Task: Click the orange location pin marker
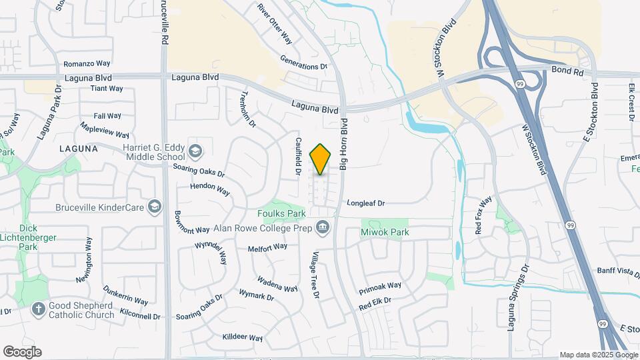[321, 159]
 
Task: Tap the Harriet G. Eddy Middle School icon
[195, 151]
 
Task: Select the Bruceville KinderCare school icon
[155, 207]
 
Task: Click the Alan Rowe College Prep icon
[323, 227]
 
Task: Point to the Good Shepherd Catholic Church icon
[39, 309]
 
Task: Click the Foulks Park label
[281, 213]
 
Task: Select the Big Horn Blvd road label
[344, 143]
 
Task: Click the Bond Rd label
[567, 70]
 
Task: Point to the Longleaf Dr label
[366, 203]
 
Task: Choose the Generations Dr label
[304, 66]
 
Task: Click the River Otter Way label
[275, 23]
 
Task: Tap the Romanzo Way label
[87, 64]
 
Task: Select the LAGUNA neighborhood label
[78, 148]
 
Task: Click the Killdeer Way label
[243, 338]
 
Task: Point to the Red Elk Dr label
[375, 303]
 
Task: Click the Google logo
[22, 352]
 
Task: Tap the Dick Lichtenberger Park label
[29, 237]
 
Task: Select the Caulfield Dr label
[298, 157]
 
